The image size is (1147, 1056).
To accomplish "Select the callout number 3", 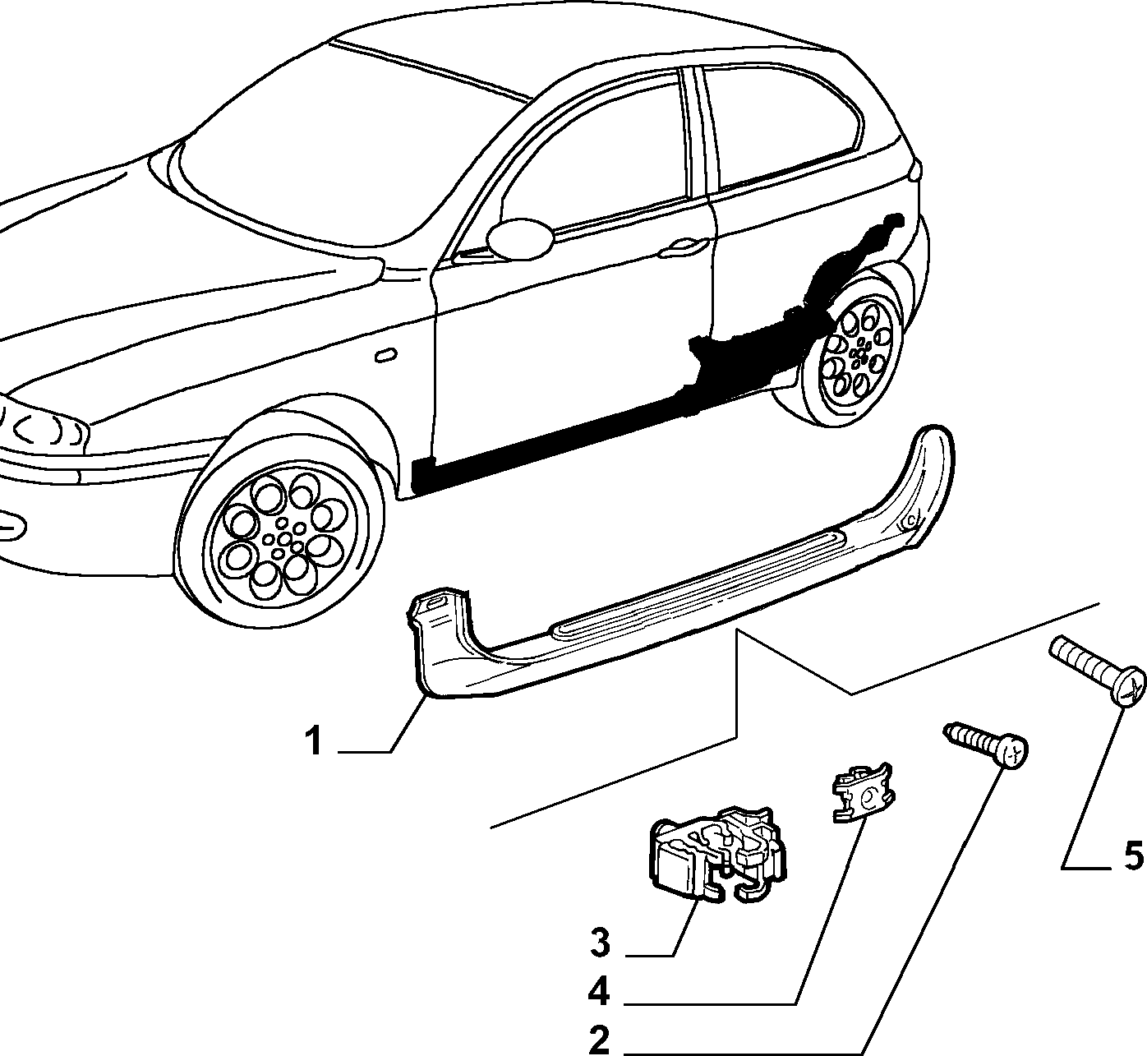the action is pos(600,943).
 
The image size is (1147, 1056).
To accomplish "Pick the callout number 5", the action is pos(1133,855).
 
